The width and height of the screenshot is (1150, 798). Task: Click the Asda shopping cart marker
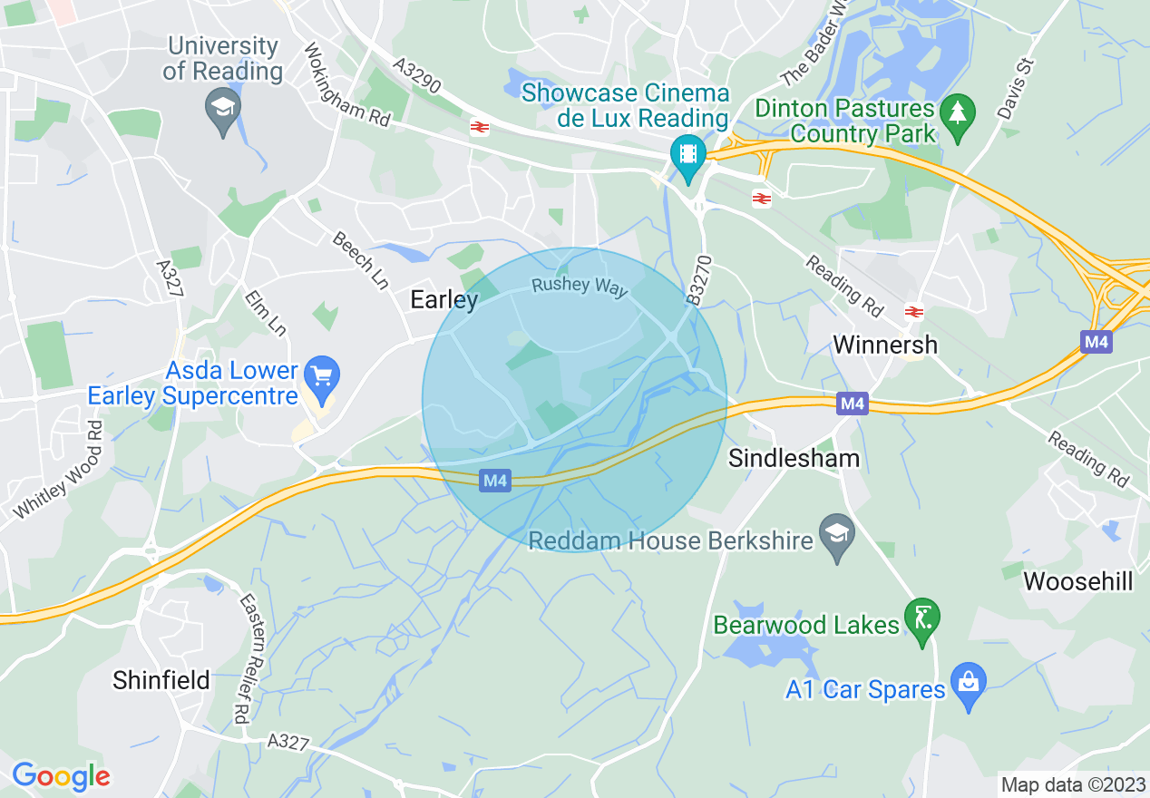pyautogui.click(x=321, y=376)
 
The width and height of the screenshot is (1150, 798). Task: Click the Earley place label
pyautogui.click(x=444, y=299)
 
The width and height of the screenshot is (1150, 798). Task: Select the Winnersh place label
pyautogui.click(x=885, y=345)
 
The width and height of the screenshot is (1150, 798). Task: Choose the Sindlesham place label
pyautogui.click(x=794, y=458)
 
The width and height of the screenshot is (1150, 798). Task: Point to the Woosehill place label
pyautogui.click(x=1078, y=581)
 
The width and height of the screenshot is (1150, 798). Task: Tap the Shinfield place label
pyautogui.click(x=161, y=680)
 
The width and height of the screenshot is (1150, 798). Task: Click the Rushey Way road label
pyautogui.click(x=580, y=286)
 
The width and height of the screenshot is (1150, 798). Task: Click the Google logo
pyautogui.click(x=61, y=776)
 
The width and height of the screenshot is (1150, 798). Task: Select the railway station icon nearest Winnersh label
pyautogui.click(x=913, y=312)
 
